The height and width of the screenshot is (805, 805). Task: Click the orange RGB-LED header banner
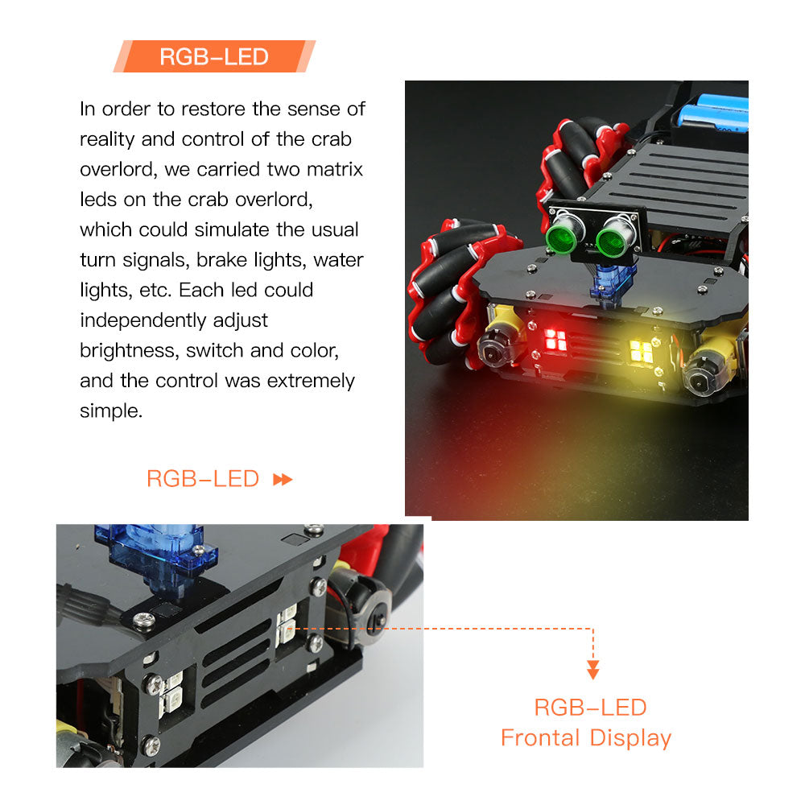point(214,56)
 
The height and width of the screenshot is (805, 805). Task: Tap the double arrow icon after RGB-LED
point(283,480)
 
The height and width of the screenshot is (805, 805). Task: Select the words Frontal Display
point(585,737)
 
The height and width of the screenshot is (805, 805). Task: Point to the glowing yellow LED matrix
point(642,349)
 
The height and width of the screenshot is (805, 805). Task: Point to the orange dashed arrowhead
point(593,670)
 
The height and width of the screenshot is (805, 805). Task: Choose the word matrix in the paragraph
point(334,170)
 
